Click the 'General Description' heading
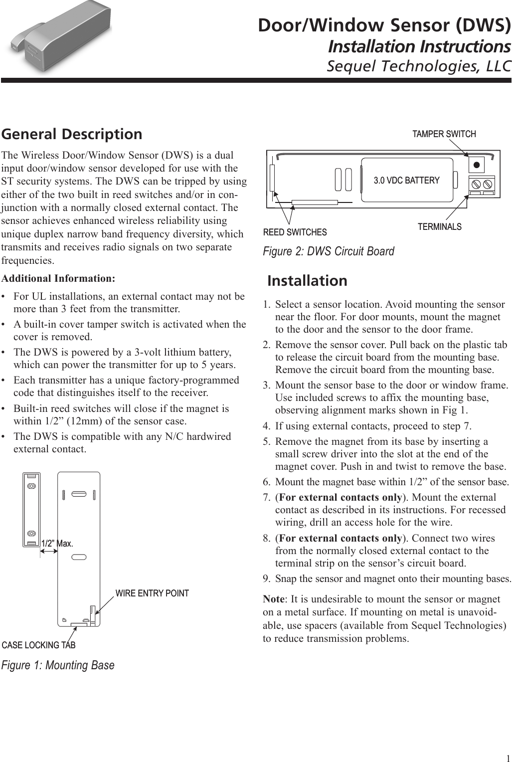tap(72, 134)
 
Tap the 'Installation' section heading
tap(307, 281)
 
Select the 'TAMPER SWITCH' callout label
tap(444, 134)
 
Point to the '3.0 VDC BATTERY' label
tap(406, 181)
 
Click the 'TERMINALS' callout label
tap(439, 227)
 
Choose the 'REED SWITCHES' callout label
tap(295, 232)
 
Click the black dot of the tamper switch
tap(477, 165)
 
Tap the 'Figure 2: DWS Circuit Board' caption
tap(328, 251)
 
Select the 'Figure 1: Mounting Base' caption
tap(58, 665)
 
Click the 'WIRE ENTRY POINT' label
tap(152, 593)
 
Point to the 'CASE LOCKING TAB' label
tap(39, 645)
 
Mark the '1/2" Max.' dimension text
tap(57, 543)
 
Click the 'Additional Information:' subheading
tap(58, 278)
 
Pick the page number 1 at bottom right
tap(507, 755)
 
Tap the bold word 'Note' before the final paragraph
tap(273, 599)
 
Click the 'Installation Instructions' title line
tap(419, 46)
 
